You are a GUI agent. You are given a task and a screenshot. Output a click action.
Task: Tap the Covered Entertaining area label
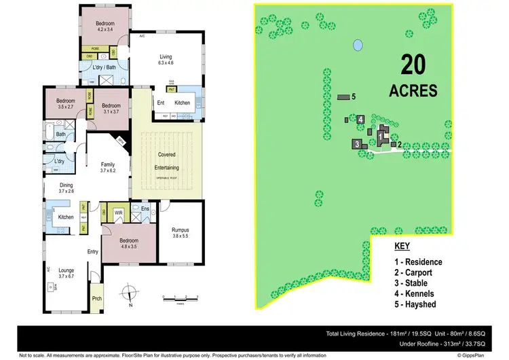click(x=166, y=159)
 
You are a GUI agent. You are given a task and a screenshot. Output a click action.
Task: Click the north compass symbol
click(x=127, y=293)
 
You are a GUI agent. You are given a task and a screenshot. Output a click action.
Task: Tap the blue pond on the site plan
click(x=357, y=46)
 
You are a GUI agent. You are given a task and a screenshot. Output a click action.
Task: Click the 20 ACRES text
click(x=413, y=76)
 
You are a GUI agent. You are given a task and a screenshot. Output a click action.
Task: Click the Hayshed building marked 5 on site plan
click(x=345, y=98)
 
